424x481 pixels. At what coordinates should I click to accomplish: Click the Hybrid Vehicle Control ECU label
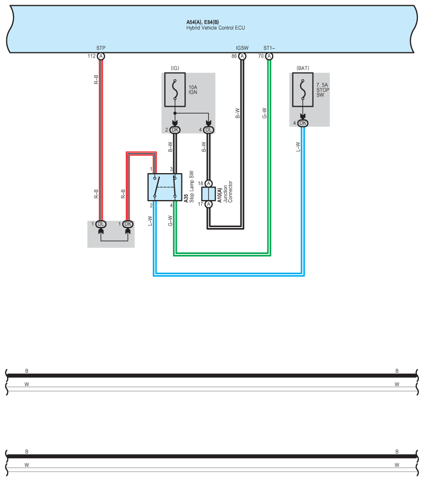coord(215,27)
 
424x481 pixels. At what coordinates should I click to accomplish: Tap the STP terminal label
coord(101,48)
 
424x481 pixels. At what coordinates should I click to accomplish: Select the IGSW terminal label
coord(242,48)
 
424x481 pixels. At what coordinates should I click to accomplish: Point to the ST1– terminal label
coord(269,48)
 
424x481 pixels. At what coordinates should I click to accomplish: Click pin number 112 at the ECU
coord(91,56)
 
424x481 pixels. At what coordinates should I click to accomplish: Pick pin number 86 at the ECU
coord(234,56)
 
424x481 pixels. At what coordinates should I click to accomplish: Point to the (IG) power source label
coord(175,68)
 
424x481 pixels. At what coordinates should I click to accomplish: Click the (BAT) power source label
coord(303,68)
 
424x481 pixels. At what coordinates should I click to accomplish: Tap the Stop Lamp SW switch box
coord(165,187)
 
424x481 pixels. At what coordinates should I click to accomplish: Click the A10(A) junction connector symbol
coord(208,194)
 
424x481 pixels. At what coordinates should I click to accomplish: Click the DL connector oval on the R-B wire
coord(101,224)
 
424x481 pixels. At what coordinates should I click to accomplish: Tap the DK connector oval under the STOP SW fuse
coord(303,123)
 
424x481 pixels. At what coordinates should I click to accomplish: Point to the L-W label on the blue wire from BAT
coord(298,147)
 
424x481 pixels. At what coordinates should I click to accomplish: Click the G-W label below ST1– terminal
coord(264,113)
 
